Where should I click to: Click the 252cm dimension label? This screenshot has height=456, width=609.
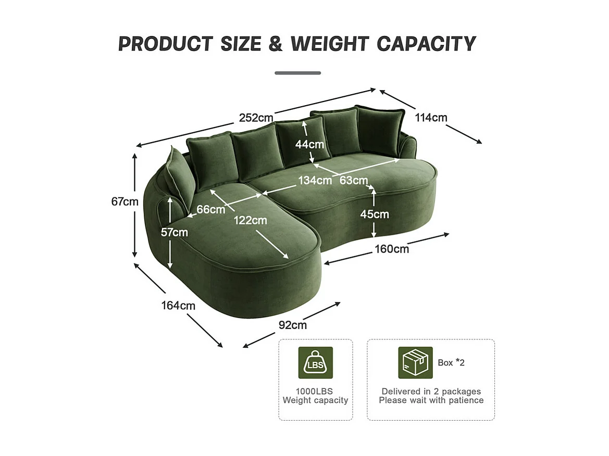(x=256, y=118)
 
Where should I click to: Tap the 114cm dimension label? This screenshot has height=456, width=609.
(x=431, y=118)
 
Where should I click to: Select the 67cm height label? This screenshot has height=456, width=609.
(x=125, y=201)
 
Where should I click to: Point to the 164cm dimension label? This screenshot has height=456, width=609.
(x=178, y=306)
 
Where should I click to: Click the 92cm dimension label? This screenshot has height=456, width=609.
(x=292, y=325)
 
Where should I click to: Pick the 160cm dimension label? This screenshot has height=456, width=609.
(x=392, y=249)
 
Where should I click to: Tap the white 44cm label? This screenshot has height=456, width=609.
(x=309, y=144)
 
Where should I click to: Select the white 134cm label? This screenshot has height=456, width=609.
(x=315, y=181)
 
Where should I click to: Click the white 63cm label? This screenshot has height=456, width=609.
(x=354, y=181)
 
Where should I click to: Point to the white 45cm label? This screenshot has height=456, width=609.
(x=375, y=214)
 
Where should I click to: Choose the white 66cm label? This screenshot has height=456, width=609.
(x=211, y=210)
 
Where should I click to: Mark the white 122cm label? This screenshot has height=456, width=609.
(x=250, y=220)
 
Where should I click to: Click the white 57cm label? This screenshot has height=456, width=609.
(x=174, y=232)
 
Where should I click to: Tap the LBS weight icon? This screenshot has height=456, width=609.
(x=315, y=363)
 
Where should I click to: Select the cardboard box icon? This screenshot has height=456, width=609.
(x=415, y=362)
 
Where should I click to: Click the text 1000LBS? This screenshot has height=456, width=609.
(x=315, y=391)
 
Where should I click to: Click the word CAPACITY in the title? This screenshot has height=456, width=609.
(x=426, y=44)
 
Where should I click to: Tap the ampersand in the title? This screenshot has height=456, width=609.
(x=275, y=44)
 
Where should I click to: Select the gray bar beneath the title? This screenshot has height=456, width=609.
(x=297, y=73)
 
